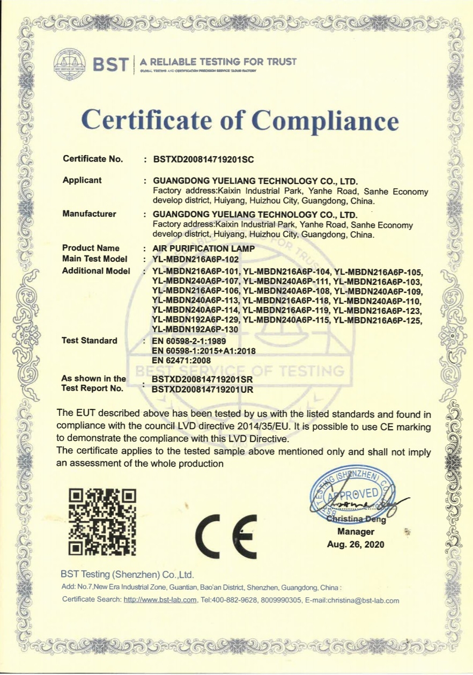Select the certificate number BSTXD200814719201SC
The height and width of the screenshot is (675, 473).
[203, 159]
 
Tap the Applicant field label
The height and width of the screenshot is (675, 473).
[82, 180]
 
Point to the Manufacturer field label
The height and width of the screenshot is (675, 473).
[89, 214]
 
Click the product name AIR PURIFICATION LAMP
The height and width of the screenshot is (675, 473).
[204, 248]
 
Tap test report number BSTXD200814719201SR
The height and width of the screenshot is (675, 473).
[203, 379]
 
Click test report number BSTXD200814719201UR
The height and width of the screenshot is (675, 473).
[203, 390]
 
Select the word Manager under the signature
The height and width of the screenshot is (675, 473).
[356, 532]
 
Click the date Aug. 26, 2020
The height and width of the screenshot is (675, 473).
[356, 544]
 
